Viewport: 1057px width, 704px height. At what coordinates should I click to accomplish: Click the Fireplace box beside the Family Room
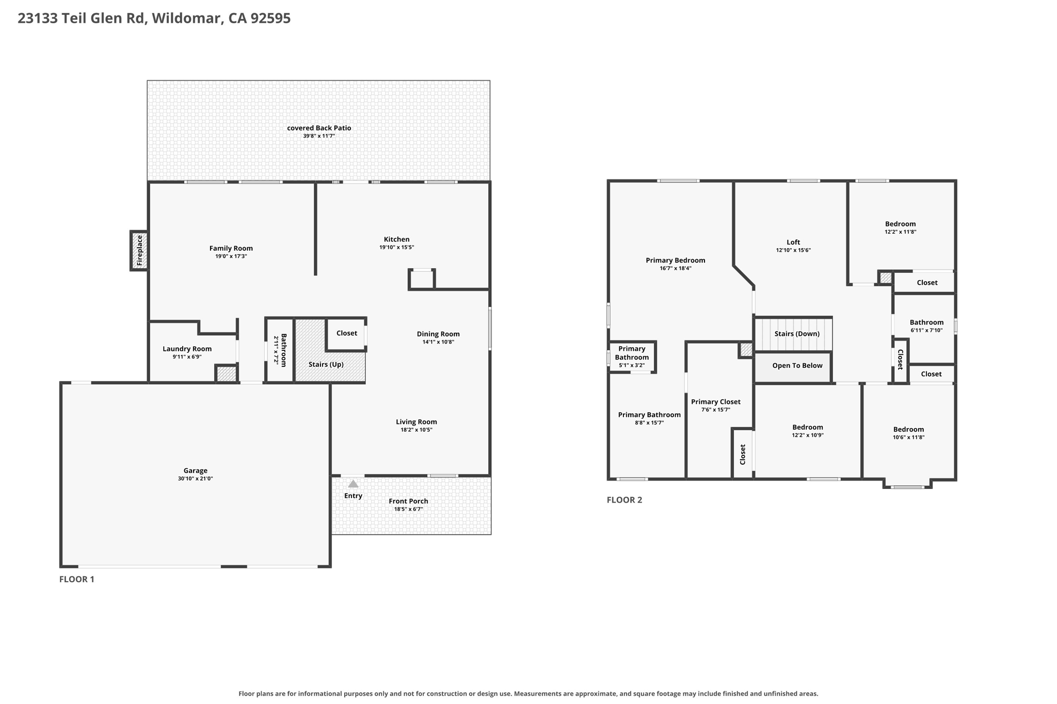139,251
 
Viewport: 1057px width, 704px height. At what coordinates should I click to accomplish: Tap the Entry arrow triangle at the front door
353,484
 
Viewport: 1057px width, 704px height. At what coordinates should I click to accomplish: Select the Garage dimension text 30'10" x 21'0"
196,479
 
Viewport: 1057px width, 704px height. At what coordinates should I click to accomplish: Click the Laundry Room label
187,349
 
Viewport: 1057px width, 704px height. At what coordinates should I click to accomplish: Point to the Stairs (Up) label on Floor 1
326,364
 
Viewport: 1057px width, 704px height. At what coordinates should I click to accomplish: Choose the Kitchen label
396,239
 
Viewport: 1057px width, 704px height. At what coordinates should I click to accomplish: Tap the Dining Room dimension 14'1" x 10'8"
438,342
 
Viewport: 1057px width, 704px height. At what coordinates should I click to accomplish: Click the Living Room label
417,422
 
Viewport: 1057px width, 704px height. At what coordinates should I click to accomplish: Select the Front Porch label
408,501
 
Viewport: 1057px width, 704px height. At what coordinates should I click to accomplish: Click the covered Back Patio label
319,128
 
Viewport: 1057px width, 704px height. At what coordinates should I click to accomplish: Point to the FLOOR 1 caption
77,579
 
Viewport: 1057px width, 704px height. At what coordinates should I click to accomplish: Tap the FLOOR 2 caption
624,500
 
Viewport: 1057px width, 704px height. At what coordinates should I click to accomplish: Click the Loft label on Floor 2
793,242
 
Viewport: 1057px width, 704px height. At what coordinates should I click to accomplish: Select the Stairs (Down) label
797,334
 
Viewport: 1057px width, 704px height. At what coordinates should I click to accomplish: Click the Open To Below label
797,366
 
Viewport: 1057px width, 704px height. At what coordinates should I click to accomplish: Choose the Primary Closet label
716,402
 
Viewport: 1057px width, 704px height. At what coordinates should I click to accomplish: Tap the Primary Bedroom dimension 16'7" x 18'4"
676,268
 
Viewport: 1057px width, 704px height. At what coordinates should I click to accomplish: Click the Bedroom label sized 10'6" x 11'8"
908,429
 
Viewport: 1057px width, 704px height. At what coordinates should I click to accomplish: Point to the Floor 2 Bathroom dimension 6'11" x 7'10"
926,330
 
